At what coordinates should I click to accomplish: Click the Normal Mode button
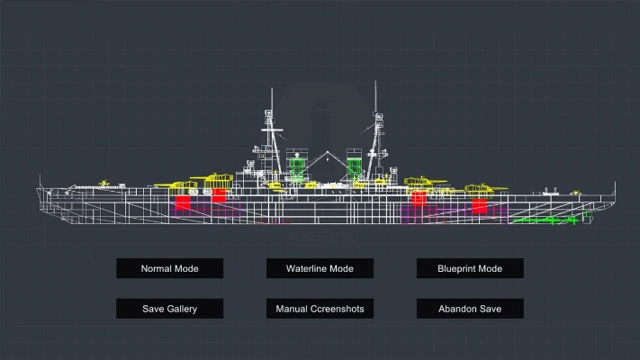point(169,268)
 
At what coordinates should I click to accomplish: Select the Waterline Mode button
point(320,268)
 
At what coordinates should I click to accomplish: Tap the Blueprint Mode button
point(469,268)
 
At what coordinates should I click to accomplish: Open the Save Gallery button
point(169,309)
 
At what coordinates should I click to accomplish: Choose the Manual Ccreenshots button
point(320,309)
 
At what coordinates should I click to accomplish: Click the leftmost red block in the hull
point(183,202)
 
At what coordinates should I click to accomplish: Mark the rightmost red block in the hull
point(479,204)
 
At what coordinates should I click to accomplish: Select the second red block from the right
point(418,197)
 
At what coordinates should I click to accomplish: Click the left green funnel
point(299,167)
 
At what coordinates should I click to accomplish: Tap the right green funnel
point(355,166)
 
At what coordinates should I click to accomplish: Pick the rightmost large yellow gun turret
point(477,189)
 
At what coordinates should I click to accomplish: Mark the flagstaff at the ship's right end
point(616,189)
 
